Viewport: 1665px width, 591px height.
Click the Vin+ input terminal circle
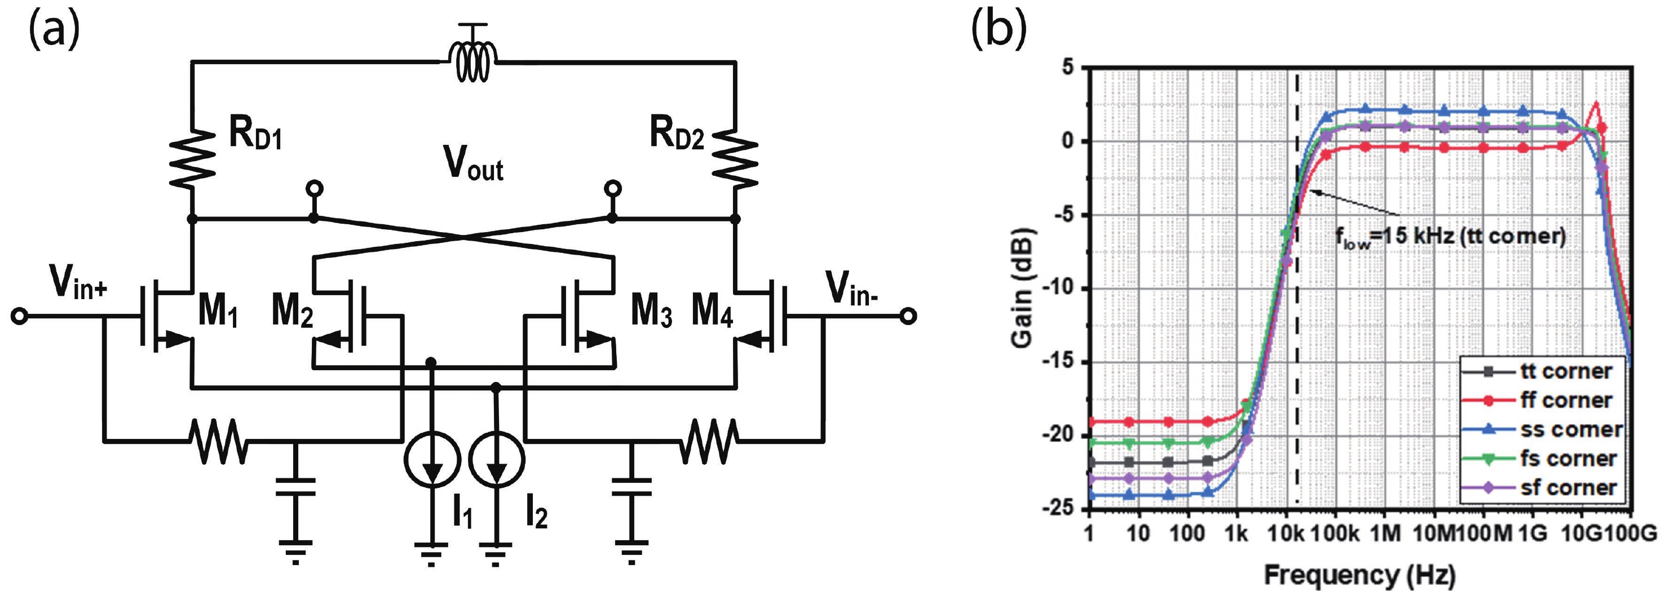[19, 316]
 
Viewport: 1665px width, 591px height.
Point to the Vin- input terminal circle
[908, 316]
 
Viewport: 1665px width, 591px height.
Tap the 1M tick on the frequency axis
[1384, 534]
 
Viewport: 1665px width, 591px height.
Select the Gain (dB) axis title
[1023, 287]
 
